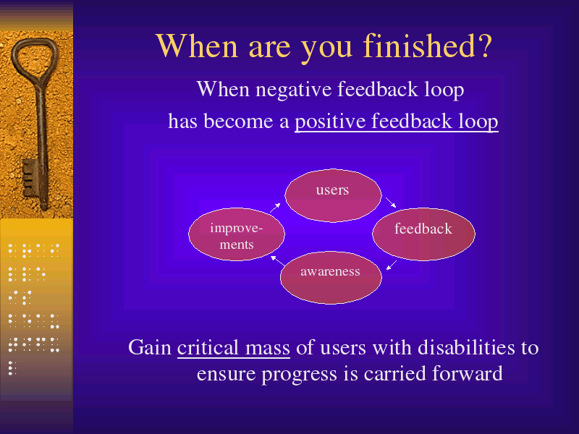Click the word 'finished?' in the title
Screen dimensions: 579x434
428,46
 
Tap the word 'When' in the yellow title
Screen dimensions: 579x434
197,46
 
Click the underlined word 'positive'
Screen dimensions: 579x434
330,122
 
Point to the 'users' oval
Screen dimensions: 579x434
333,195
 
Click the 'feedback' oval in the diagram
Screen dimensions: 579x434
423,234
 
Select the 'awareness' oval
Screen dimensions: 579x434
331,278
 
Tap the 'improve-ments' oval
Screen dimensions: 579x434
237,234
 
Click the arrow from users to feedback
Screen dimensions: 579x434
391,203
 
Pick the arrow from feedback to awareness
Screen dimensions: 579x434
392,265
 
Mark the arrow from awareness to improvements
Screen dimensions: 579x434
277,260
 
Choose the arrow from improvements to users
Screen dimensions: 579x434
275,208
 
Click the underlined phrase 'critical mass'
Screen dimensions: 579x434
233,348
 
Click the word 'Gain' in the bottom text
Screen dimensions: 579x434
150,348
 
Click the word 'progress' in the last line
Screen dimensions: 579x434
300,374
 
